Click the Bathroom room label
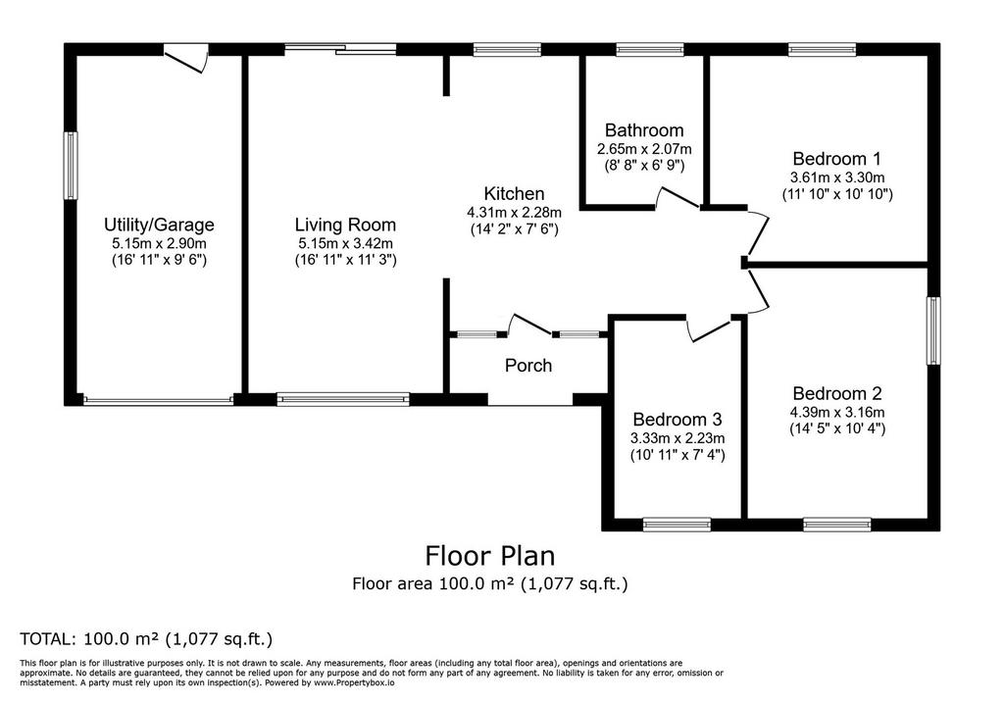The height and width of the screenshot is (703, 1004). point(644,130)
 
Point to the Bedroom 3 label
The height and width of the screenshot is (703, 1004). point(678,420)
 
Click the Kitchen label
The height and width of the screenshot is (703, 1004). point(514,194)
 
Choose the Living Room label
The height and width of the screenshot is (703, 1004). point(345,226)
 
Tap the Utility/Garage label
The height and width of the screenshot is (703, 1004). point(159,226)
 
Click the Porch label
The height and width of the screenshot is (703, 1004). point(528,366)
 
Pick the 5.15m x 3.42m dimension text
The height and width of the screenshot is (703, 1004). point(345,244)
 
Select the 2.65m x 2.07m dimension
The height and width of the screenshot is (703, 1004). point(644,149)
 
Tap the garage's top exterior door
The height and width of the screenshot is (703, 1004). point(187,59)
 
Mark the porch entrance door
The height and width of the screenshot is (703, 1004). point(529,326)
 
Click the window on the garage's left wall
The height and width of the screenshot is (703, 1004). point(71,166)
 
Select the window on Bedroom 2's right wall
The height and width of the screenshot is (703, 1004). point(934,331)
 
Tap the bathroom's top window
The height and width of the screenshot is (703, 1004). point(650,50)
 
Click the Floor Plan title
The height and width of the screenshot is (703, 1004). point(490,556)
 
